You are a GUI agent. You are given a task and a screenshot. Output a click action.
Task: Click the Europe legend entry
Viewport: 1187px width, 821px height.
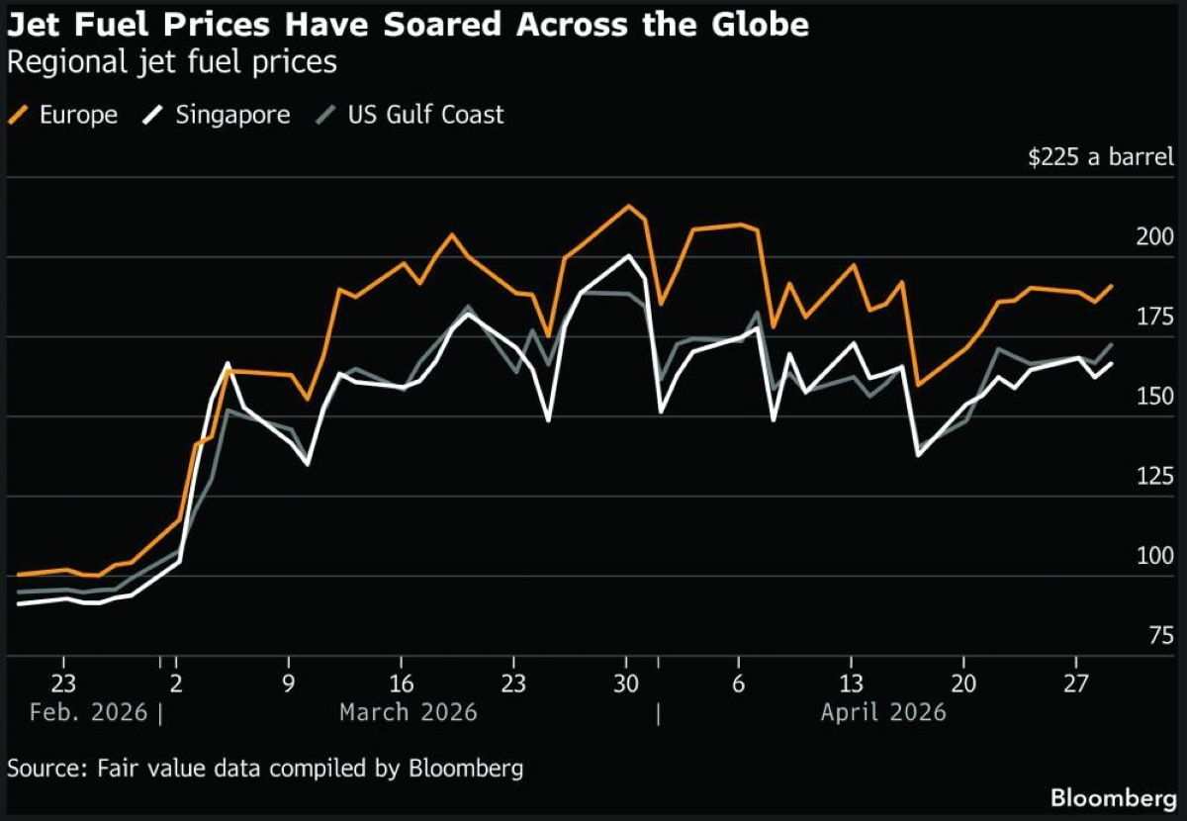pos(65,115)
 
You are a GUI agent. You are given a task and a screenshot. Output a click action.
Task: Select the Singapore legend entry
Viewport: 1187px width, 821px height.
pos(220,115)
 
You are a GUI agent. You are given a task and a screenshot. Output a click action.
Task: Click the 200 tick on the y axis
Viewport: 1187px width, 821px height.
pos(1155,237)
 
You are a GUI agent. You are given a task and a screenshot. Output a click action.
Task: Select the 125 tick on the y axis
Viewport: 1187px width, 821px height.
pos(1155,477)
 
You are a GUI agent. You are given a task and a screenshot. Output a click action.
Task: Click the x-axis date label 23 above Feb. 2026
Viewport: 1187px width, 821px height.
pos(63,684)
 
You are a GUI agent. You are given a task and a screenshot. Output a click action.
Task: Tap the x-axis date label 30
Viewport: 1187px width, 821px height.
pos(626,684)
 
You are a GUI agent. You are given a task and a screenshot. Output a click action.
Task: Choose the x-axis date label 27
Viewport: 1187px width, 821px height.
pos(1075,684)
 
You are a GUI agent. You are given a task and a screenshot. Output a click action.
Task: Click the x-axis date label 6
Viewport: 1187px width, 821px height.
pos(738,684)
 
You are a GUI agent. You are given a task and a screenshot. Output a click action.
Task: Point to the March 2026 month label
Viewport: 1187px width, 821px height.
pos(408,712)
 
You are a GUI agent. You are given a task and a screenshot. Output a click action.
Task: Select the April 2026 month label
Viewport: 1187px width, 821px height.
pos(883,712)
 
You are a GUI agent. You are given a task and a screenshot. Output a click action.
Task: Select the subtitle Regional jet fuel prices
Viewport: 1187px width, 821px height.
pos(171,63)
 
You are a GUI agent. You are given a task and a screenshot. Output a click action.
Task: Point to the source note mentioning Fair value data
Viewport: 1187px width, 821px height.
pos(265,768)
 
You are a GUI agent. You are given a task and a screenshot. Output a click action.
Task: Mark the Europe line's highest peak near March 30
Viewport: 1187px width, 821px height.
pos(628,206)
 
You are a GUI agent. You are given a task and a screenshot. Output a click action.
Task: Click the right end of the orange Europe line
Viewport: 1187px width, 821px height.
pos(1112,286)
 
